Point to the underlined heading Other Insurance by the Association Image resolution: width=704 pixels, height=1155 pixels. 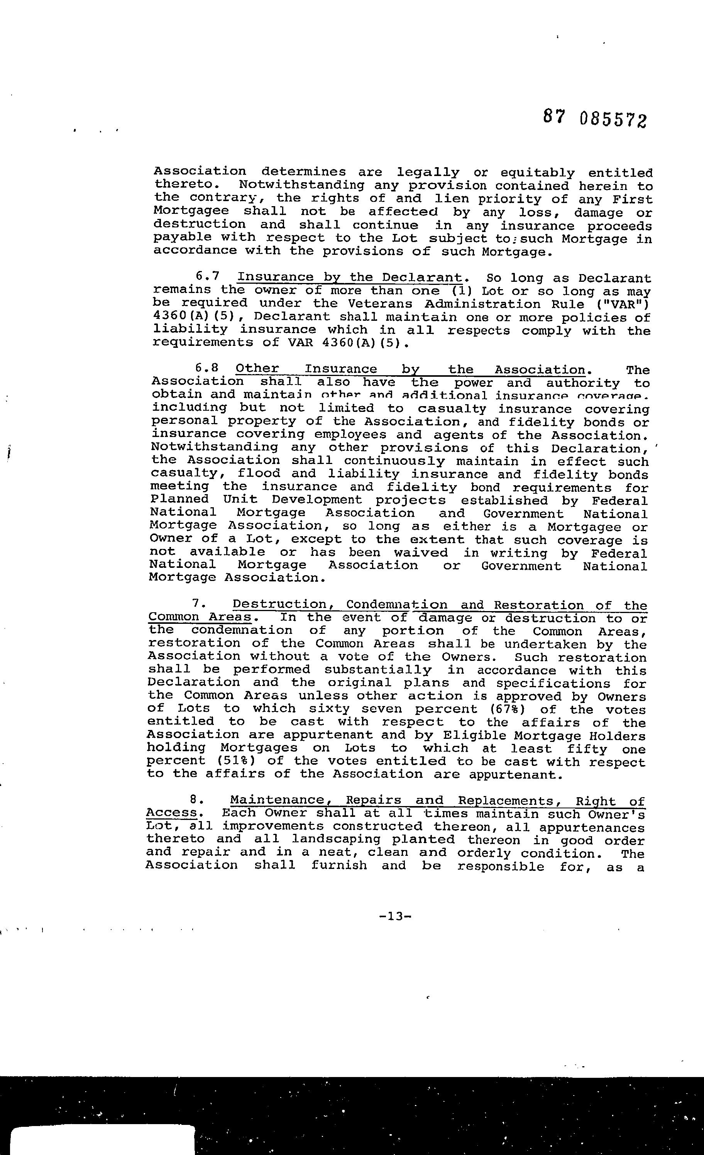410,370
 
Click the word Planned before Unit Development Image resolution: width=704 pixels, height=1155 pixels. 179,500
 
